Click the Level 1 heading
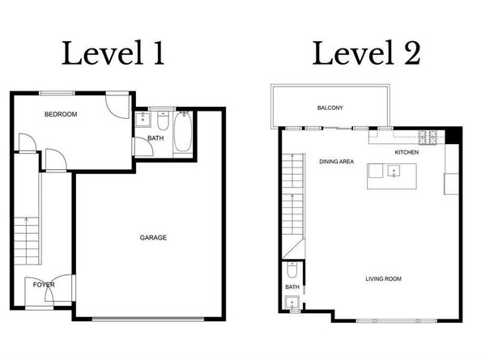(x=113, y=53)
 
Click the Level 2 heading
(x=366, y=53)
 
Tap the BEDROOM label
(x=61, y=114)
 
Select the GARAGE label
(x=153, y=238)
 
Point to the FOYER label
(x=44, y=285)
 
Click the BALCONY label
(x=330, y=108)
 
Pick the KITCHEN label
(x=407, y=152)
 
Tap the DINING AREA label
(x=337, y=162)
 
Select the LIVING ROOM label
(x=384, y=279)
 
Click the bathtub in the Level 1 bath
(x=183, y=132)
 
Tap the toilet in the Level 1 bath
(x=163, y=121)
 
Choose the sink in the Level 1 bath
(x=143, y=119)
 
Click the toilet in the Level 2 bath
(x=292, y=270)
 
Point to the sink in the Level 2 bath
(x=292, y=303)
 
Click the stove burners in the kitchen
(x=428, y=138)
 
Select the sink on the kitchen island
(x=394, y=171)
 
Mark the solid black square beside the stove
(x=452, y=135)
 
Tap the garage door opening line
(x=148, y=319)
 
